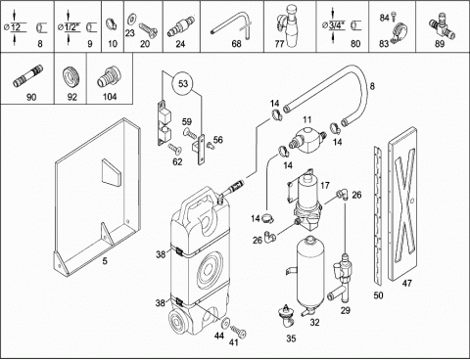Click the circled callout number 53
tap(183, 84)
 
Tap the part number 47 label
tap(406, 284)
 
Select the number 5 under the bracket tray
tap(105, 261)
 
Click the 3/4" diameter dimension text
tap(337, 25)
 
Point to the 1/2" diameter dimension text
tap(72, 26)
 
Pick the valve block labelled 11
tap(307, 139)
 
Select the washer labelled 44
tap(225, 322)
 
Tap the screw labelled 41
tap(239, 332)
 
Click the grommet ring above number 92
tap(71, 77)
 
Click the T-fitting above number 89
tap(442, 25)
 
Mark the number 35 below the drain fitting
tap(291, 338)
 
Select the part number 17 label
tap(325, 186)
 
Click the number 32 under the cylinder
tap(314, 323)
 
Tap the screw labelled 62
tap(175, 149)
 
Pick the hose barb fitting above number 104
tap(110, 77)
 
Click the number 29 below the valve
tap(346, 310)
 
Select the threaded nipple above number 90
tap(28, 76)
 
